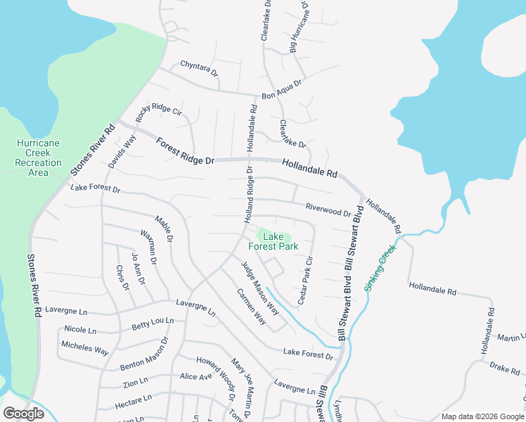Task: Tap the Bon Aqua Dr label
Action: [281, 88]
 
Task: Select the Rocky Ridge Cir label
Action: [159, 112]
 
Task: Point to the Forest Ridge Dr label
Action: [185, 151]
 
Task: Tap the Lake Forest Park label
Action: [274, 241]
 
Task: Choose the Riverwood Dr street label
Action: [328, 210]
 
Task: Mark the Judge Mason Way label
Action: [255, 283]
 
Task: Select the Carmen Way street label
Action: [251, 307]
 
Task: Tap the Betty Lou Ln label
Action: [152, 325]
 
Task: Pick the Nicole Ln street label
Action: [79, 329]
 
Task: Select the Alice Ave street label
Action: [195, 376]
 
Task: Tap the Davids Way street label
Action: [122, 152]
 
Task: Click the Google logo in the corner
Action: [23, 414]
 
